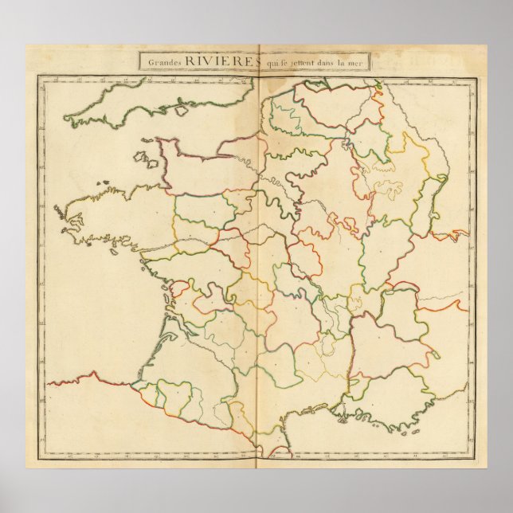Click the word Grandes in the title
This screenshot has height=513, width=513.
point(162,61)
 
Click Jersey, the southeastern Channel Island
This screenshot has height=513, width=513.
point(148,158)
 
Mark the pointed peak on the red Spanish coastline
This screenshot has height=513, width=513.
point(94,372)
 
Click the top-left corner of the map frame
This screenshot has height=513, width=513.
point(37,75)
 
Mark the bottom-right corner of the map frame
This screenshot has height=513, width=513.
point(477,461)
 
